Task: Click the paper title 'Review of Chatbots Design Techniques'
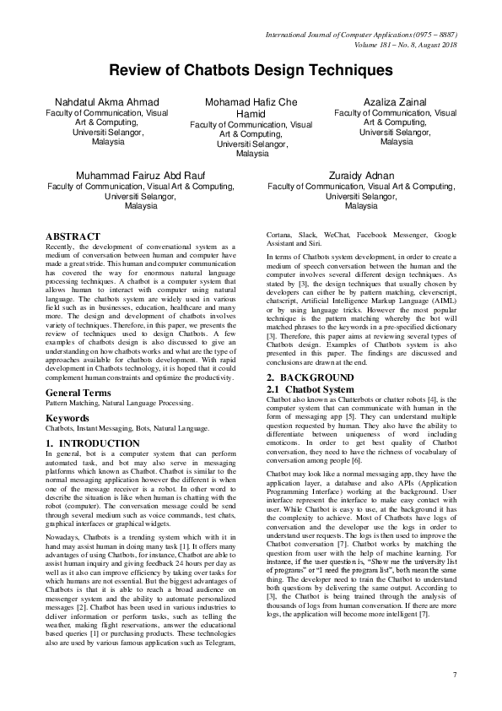pos(251,70)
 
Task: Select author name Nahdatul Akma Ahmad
pos(106,102)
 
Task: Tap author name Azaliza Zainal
pos(395,102)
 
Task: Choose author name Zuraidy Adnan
pos(361,175)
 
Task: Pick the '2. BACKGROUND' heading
pos(310,375)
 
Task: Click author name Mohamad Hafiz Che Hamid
pos(251,108)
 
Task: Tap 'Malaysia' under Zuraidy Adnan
pos(361,206)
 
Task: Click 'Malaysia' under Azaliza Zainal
pos(395,143)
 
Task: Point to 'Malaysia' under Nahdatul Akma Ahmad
pos(106,143)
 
